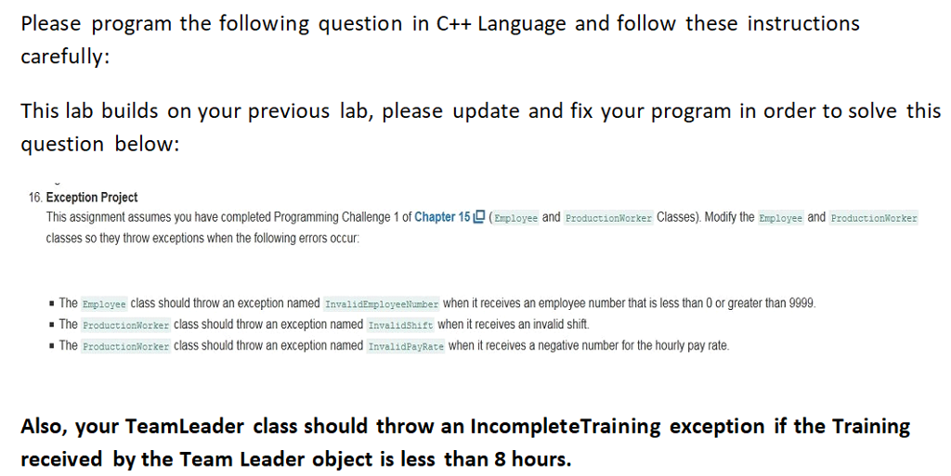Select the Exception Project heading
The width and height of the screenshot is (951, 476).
pos(92,198)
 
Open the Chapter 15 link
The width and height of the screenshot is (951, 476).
pos(448,217)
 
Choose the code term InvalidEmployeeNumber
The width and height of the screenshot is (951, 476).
pos(382,303)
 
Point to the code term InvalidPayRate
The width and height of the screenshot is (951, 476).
pos(406,346)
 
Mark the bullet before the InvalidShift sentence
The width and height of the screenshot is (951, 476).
pos(50,325)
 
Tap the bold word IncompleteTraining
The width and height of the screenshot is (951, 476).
pos(566,427)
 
